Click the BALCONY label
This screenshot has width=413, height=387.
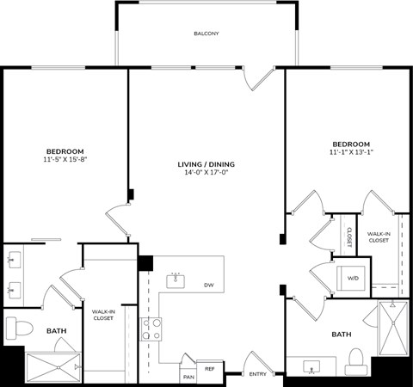tap(206, 34)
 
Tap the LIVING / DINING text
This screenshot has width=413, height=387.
tap(206, 164)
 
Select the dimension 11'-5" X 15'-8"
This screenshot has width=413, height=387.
tap(65, 159)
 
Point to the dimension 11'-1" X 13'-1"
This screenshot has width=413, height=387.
tap(350, 152)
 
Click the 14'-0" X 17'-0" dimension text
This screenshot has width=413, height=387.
tap(206, 173)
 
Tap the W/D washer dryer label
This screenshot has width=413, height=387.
tap(353, 278)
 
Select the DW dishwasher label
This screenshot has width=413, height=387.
tap(208, 285)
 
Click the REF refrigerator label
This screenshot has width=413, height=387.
tap(209, 368)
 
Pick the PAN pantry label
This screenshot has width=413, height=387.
tap(188, 377)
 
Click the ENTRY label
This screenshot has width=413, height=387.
tap(258, 374)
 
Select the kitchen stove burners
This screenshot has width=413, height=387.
tap(151, 329)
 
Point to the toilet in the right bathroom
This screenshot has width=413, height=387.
tap(354, 360)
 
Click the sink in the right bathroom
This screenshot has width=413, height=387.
tap(311, 368)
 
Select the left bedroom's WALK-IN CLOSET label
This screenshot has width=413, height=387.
tap(104, 314)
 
